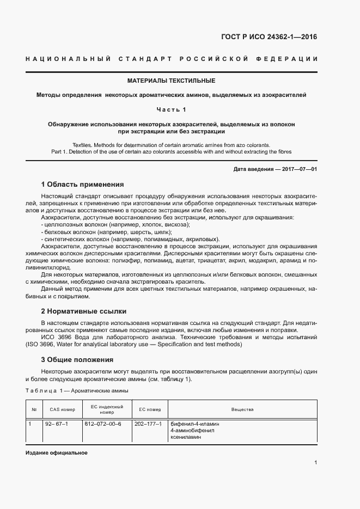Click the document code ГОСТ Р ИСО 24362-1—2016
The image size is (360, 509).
(x=269, y=38)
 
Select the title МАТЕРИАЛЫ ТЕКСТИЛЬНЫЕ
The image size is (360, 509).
(x=172, y=81)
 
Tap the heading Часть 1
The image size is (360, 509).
(x=171, y=109)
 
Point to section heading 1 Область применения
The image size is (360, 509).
(x=82, y=185)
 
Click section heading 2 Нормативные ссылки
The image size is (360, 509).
(x=83, y=311)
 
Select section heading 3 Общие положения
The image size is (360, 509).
(x=77, y=359)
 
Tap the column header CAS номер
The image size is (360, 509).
(x=62, y=409)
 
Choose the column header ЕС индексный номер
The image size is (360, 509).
(x=107, y=409)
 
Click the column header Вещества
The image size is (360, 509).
(x=242, y=409)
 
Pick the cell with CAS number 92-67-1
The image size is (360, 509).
(x=56, y=424)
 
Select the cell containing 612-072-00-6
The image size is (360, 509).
(x=102, y=424)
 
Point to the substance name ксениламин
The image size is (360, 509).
(x=186, y=437)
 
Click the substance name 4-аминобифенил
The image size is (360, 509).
(x=193, y=430)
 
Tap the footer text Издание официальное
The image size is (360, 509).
(x=56, y=453)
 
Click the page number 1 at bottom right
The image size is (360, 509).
(x=315, y=463)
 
